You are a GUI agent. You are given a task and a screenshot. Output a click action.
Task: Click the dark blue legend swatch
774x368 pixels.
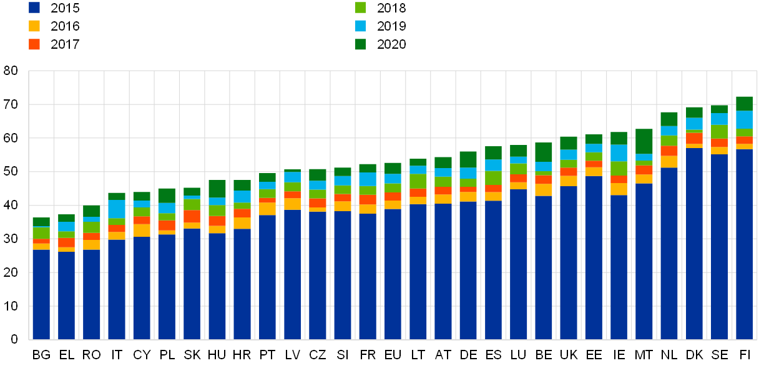pos(34,7)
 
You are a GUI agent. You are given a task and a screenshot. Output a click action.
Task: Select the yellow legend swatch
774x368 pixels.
pos(34,26)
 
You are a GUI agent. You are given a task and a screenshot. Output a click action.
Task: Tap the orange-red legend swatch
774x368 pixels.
pos(34,44)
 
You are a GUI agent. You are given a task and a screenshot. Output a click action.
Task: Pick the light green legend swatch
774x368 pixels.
pos(360,7)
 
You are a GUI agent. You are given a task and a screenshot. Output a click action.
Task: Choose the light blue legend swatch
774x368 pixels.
pos(360,26)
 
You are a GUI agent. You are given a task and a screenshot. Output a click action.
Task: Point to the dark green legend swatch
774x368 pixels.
pos(360,44)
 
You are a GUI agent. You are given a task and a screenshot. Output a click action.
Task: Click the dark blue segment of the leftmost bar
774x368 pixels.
pos(41,294)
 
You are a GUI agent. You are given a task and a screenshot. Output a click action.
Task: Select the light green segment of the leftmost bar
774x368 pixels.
pos(41,232)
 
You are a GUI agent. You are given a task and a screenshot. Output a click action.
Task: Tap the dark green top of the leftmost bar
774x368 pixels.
pos(41,222)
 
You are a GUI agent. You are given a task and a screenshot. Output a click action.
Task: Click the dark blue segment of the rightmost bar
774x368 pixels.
pos(744,244)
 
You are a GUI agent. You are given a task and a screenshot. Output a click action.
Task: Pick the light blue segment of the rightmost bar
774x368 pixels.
pos(744,119)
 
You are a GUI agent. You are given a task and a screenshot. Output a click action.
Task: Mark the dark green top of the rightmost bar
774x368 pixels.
pos(744,103)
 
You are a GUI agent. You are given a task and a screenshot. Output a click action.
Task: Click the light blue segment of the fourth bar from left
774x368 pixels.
pos(117,209)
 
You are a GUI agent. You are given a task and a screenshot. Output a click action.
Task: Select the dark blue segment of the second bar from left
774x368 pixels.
pos(67,296)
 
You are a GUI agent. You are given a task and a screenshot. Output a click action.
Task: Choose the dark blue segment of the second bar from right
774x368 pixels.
pos(719,247)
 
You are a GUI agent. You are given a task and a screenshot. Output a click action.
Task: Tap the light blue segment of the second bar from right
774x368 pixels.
pos(719,119)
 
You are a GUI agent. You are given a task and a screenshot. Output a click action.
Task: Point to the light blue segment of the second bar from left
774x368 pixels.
pos(67,226)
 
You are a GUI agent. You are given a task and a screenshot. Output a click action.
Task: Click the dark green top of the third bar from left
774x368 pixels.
pos(92,211)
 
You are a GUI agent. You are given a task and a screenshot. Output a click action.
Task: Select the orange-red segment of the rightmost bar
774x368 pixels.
pos(744,140)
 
